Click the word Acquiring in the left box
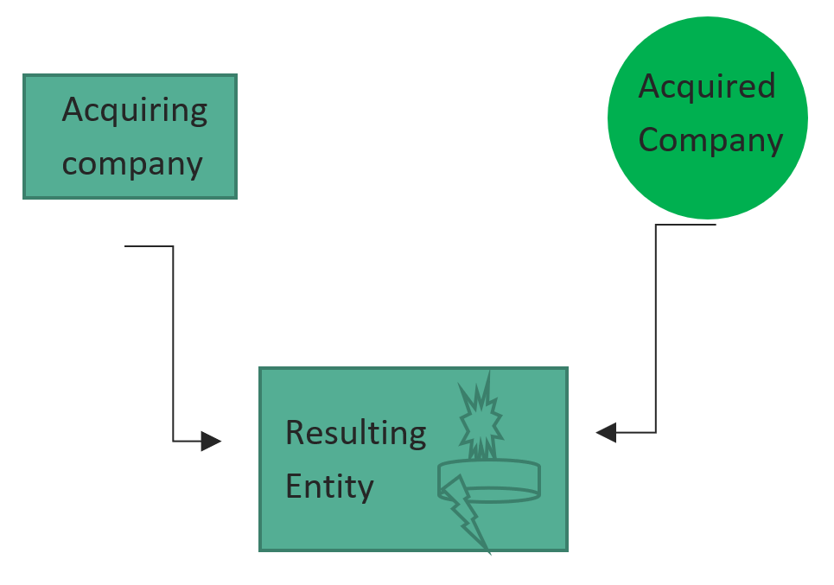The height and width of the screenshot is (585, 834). pos(135,111)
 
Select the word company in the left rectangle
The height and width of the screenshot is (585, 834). pos(132,163)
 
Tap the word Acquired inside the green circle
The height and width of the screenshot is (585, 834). pos(706,86)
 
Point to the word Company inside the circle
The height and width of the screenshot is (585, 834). pos(710,140)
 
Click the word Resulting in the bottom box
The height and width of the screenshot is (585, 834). pos(355,433)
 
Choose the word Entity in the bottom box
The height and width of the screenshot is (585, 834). pos(329,486)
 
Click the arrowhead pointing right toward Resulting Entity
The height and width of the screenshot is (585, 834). pos(211,441)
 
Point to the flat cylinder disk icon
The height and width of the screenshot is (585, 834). pos(489,481)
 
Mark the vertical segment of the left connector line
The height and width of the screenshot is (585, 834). pos(173,346)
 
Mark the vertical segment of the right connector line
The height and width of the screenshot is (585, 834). pos(656,328)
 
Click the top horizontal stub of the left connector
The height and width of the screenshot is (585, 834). pos(149,246)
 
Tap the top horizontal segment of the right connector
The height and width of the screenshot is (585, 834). pos(686,225)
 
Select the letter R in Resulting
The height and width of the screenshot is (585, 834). pos(294,433)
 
